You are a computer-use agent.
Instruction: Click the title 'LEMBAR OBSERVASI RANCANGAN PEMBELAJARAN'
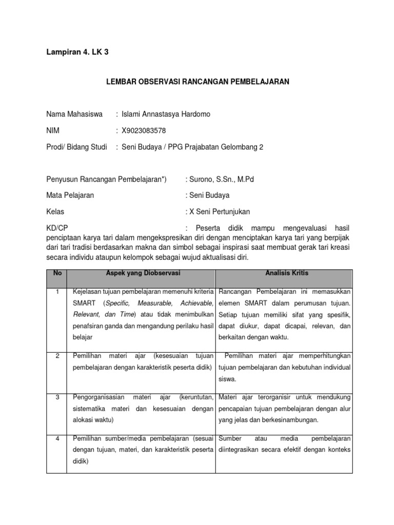(198, 82)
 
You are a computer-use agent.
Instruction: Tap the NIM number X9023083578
(143, 130)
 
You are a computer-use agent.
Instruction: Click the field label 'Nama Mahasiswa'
(74, 113)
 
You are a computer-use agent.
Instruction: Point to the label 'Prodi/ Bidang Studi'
(77, 147)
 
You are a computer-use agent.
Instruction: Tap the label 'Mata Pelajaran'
(70, 195)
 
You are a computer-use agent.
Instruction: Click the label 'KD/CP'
(57, 228)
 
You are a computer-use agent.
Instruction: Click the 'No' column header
(57, 273)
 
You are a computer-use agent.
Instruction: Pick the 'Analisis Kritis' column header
(284, 273)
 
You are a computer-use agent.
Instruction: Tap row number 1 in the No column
(57, 292)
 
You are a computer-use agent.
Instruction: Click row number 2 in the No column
(57, 356)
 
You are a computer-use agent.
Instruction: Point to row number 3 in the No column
(57, 397)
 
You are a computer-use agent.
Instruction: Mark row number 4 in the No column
(57, 439)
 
